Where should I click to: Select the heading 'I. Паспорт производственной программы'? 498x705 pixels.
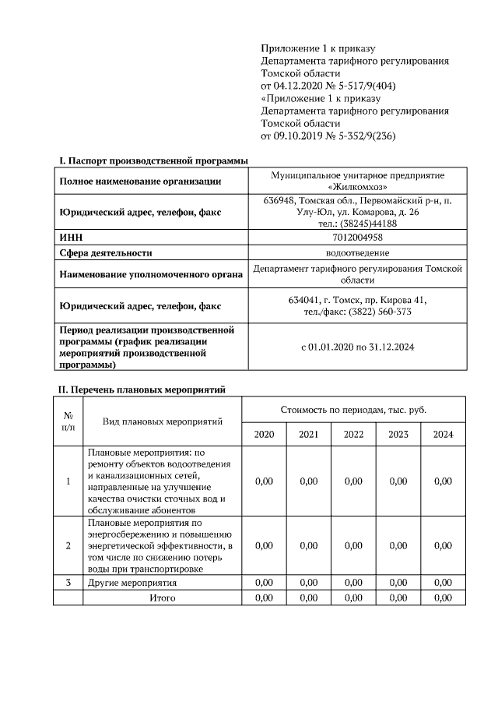coord(154,160)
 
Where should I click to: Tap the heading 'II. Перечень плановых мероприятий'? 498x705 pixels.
coord(143,390)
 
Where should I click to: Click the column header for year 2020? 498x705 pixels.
coord(264,435)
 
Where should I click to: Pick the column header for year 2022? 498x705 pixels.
coord(353,435)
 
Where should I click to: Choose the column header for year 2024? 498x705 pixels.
coord(443,435)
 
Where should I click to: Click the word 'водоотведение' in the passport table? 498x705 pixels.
coord(357,252)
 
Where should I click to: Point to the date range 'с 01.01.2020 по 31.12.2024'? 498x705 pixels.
coord(357,347)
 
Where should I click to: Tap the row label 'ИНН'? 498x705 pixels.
coord(71,238)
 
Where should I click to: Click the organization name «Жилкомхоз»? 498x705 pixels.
coord(357,187)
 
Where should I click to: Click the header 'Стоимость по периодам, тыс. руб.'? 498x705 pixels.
coord(353,410)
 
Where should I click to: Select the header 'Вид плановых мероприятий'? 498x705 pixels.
coord(163,421)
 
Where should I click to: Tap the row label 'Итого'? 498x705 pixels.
coord(163,597)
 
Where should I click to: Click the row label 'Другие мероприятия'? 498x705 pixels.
coord(132,583)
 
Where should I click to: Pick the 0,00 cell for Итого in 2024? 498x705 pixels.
coord(443,597)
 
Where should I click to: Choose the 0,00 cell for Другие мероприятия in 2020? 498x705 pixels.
coord(264,583)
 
